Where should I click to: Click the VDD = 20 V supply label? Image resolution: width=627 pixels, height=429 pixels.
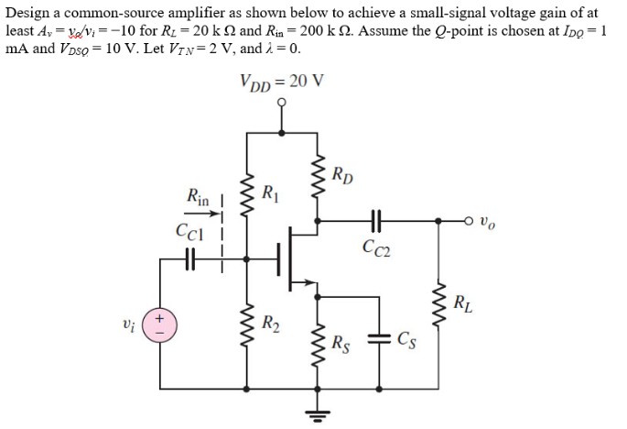click(x=281, y=82)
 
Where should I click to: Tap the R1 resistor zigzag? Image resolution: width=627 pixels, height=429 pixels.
click(x=245, y=192)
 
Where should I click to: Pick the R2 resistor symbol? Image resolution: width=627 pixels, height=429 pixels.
click(x=245, y=324)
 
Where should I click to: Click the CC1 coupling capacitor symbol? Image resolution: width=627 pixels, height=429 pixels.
click(x=189, y=262)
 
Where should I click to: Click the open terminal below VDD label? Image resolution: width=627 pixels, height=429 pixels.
click(x=282, y=103)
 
